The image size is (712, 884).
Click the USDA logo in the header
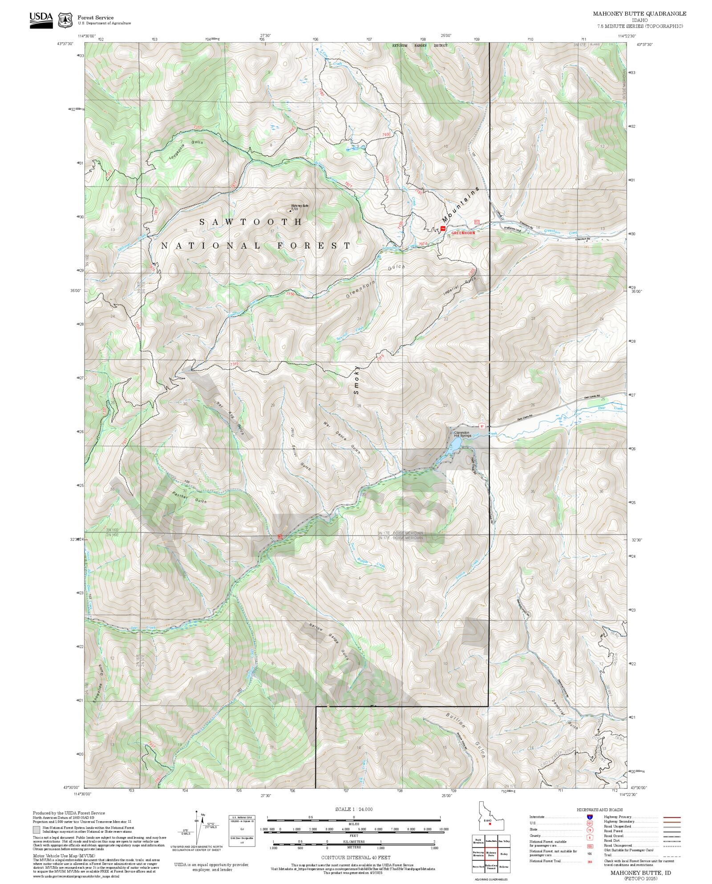(x=41, y=20)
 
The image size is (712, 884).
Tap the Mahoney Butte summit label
(x=299, y=206)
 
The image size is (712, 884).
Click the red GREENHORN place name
(x=463, y=233)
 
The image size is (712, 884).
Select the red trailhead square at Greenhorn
(x=443, y=229)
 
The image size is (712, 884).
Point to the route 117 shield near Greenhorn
(x=477, y=222)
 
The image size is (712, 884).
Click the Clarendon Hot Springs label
(x=462, y=434)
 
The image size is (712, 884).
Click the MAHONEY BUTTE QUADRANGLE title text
(x=639, y=13)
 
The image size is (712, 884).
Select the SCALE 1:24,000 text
(x=354, y=809)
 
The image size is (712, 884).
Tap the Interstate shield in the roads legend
(x=590, y=817)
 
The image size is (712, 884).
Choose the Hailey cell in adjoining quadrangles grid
(x=504, y=854)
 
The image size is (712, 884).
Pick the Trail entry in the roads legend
(x=607, y=855)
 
